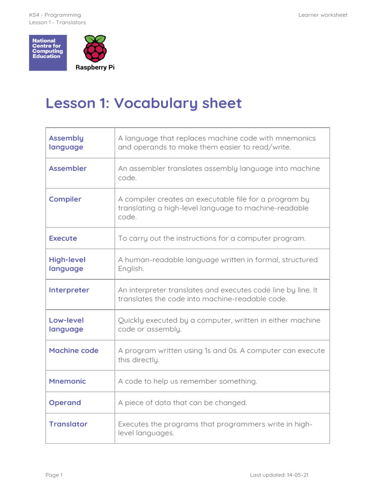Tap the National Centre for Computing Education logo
point(48,52)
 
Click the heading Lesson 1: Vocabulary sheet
point(143,103)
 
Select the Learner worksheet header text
point(323,15)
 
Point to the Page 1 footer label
point(54,475)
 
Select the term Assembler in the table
point(68,168)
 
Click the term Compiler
point(65,199)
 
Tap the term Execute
point(63,238)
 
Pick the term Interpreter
point(69,290)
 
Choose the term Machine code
point(73,350)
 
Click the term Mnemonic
point(67,381)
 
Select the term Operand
point(65,403)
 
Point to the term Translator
point(68,424)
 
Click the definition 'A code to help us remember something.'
point(188,381)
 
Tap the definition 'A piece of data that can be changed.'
point(183,403)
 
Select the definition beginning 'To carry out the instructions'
point(211,238)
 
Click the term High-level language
point(67,264)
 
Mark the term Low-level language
point(66,325)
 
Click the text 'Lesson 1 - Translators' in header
point(57,23)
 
